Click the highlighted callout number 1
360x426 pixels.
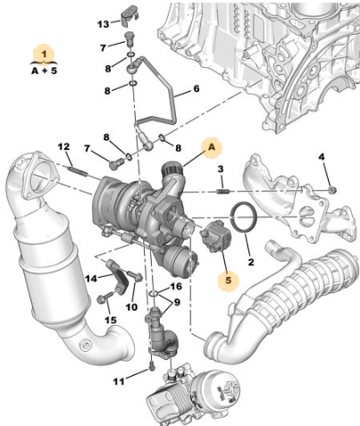[x=44, y=54]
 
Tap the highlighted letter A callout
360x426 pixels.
[x=212, y=147]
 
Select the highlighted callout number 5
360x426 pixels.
[x=228, y=280]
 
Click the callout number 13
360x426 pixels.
[x=104, y=24]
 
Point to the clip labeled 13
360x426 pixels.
[x=130, y=15]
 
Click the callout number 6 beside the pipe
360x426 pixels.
[x=197, y=88]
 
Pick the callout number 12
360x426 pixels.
[x=63, y=146]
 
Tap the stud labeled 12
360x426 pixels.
[x=78, y=171]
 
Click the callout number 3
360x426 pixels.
[x=220, y=169]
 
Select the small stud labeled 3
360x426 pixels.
[x=222, y=191]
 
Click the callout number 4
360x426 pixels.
[x=322, y=157]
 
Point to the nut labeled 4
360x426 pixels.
[x=333, y=189]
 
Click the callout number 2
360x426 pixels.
[x=251, y=262]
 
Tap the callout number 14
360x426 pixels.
[x=91, y=279]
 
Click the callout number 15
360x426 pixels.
[x=111, y=320]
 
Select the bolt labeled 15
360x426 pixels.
[x=104, y=297]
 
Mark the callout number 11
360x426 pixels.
[x=119, y=381]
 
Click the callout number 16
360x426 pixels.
[x=176, y=287]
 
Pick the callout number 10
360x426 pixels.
[x=131, y=307]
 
